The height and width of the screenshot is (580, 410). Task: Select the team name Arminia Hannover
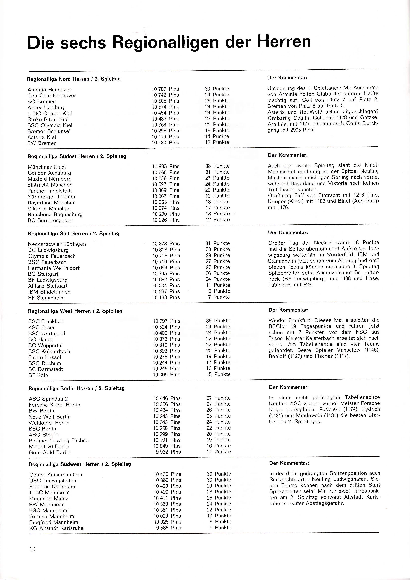[49, 90]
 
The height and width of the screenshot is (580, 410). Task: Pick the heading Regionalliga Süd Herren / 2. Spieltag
[73, 234]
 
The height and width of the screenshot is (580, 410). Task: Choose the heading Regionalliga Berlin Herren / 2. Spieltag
[76, 388]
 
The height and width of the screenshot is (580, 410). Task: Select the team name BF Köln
[38, 375]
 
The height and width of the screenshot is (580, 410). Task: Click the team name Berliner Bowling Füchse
[59, 441]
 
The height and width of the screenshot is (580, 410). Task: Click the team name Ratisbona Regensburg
[55, 214]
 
